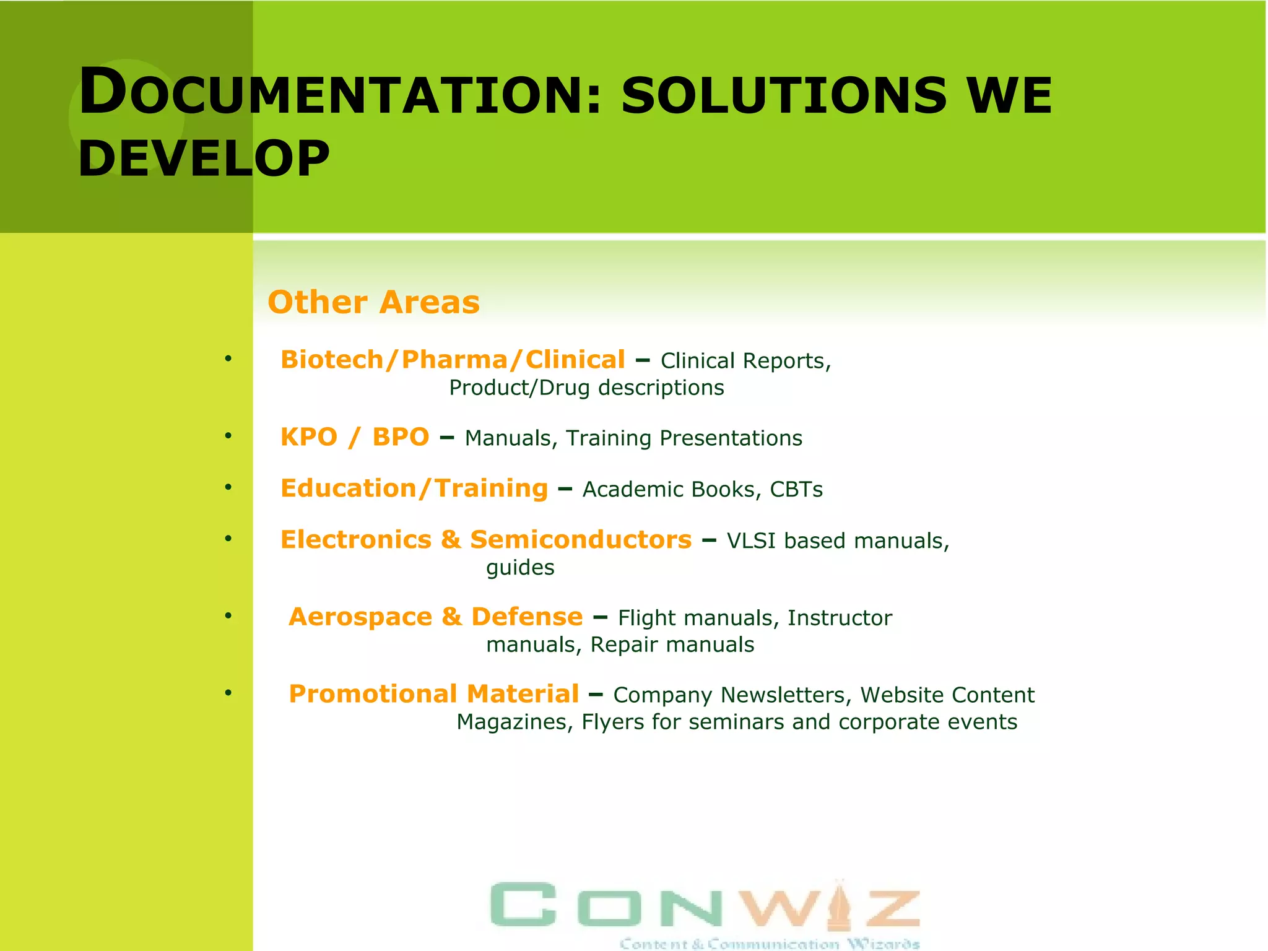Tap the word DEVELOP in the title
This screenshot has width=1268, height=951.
(204, 158)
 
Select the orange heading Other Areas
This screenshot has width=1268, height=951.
(373, 302)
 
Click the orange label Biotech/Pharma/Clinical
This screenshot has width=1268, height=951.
(453, 360)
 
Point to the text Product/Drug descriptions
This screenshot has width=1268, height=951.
(586, 388)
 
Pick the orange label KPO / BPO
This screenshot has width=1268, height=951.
(354, 437)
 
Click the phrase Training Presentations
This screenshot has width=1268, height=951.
(684, 438)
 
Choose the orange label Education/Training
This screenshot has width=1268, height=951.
(414, 489)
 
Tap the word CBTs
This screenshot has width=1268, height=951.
(796, 490)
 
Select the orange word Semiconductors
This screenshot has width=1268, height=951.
(581, 540)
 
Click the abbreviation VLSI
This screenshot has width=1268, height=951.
(751, 541)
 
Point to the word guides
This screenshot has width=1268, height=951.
(520, 568)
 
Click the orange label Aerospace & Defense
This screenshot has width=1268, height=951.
(435, 617)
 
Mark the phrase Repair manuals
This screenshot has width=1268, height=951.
(672, 645)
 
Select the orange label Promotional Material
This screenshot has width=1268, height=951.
(434, 694)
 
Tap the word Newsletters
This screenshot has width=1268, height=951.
(786, 695)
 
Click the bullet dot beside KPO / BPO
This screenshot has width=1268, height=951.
(228, 436)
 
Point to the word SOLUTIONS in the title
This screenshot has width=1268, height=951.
(784, 95)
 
